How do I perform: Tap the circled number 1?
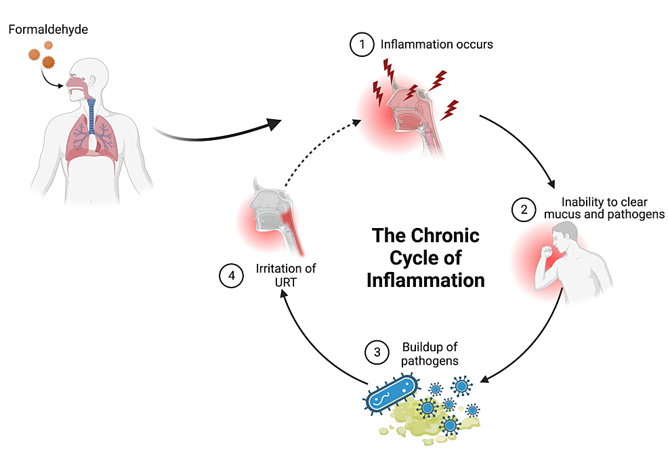click(x=362, y=45)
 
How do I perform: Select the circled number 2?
click(x=523, y=209)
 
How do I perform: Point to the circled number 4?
click(x=232, y=275)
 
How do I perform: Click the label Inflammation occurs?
click(x=436, y=45)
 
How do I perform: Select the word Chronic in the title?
click(x=443, y=235)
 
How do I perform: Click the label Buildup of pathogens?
click(x=430, y=354)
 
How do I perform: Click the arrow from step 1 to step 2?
click(x=525, y=145)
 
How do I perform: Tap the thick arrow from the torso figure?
click(x=217, y=135)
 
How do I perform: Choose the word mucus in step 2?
click(x=562, y=214)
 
